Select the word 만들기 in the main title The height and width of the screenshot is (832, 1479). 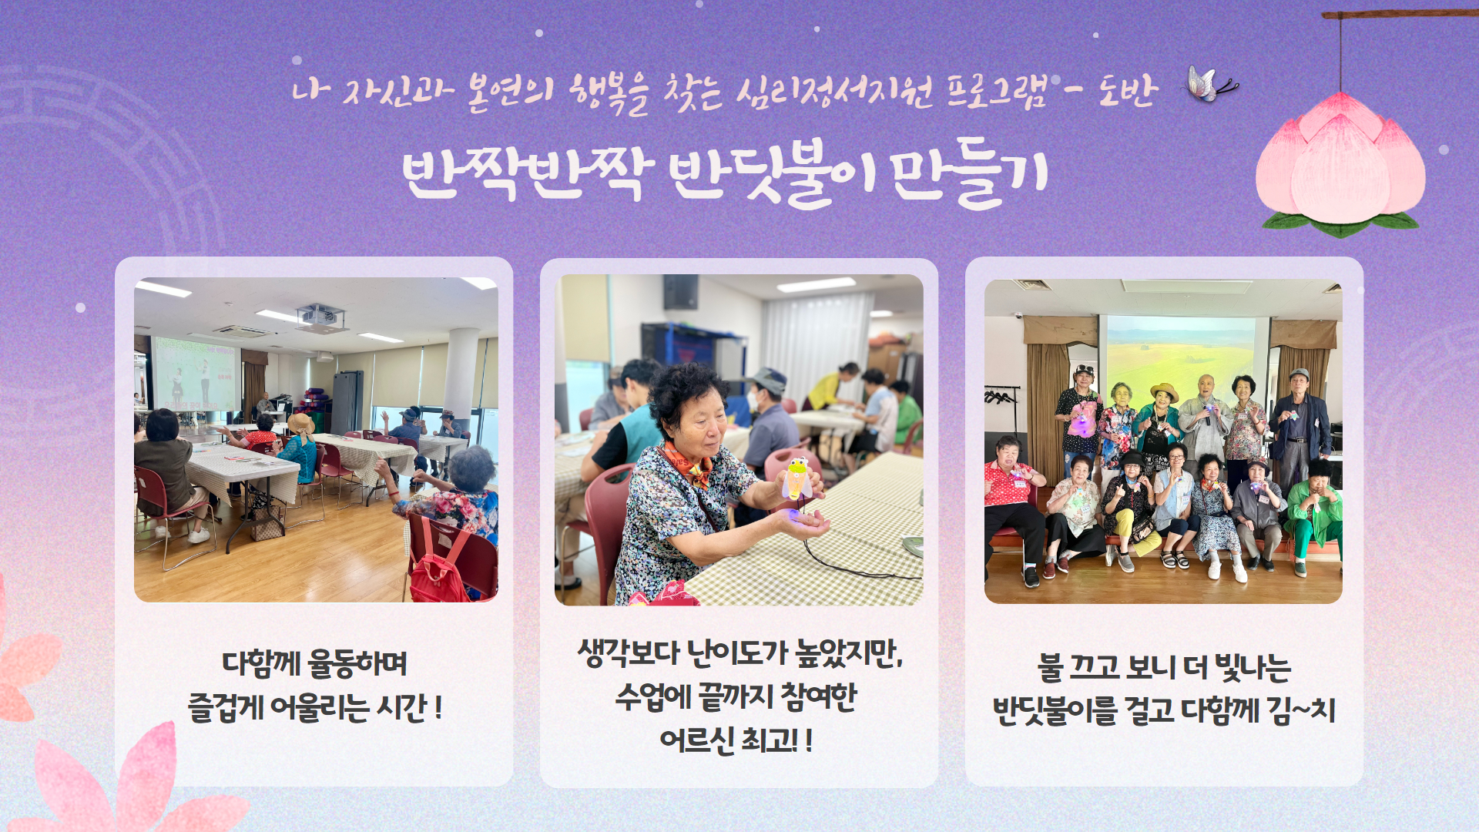pyautogui.click(x=970, y=173)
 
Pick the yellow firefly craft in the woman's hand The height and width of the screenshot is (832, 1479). pyautogui.click(x=797, y=478)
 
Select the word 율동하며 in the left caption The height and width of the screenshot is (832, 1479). pyautogui.click(x=357, y=664)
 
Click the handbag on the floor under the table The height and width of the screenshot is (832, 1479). pyautogui.click(x=266, y=524)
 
